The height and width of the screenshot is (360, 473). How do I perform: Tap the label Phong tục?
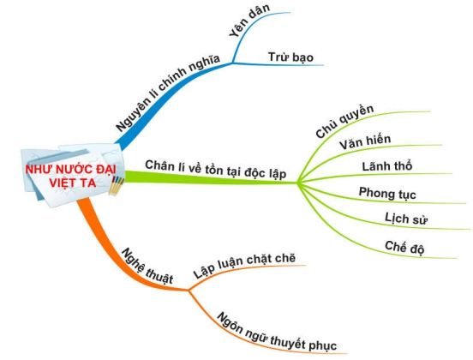(382, 193)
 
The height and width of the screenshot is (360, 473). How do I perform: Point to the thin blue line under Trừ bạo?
(283, 67)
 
